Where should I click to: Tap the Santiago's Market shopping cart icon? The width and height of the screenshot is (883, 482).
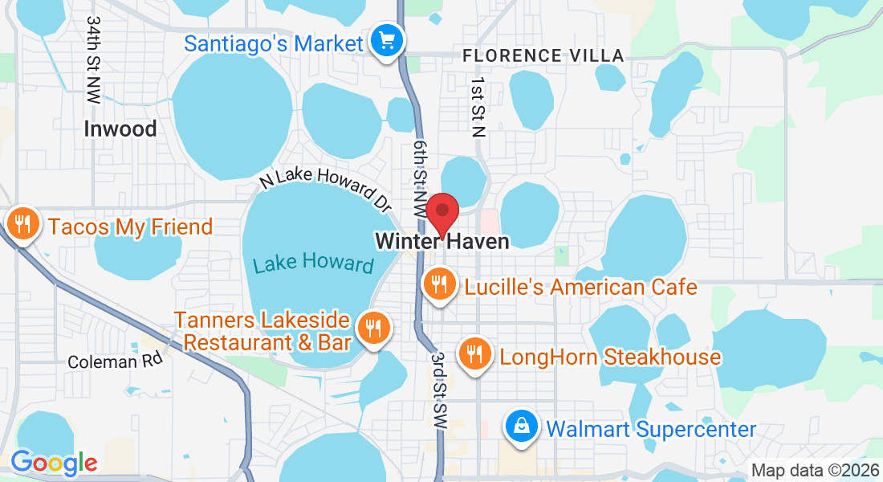click(x=386, y=39)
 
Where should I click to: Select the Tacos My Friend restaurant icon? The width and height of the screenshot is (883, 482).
click(x=22, y=223)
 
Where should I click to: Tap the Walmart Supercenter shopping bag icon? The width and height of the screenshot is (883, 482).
click(x=521, y=426)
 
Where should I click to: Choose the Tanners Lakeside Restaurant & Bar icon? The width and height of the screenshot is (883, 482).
click(x=373, y=328)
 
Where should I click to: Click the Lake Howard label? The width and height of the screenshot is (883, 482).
click(x=314, y=263)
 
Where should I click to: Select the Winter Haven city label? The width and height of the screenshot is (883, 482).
click(x=441, y=241)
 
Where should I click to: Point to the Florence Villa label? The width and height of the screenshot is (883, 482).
click(x=543, y=55)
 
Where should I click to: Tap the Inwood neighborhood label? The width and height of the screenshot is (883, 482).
click(x=120, y=129)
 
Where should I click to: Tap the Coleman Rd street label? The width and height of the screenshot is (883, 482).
click(x=115, y=361)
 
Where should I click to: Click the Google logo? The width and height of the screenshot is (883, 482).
click(x=53, y=463)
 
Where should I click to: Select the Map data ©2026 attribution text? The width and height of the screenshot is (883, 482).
click(x=815, y=471)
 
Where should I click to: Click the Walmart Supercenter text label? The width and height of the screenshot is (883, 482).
click(x=651, y=429)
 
